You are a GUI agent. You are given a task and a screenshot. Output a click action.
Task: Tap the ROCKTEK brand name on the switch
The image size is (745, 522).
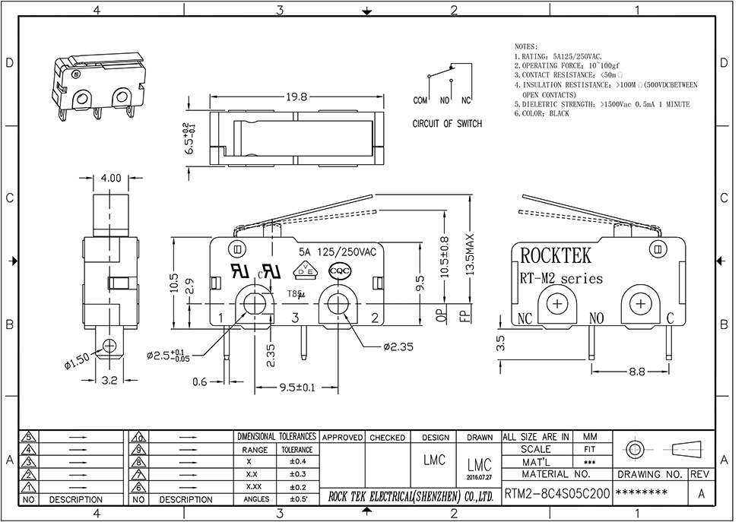(x=556, y=255)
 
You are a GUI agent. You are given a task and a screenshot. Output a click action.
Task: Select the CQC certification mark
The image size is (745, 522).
(x=338, y=270)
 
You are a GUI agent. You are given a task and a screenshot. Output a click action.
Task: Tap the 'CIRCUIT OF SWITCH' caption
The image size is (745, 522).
(x=447, y=124)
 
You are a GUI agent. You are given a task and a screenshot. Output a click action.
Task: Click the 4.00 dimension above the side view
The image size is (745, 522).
(x=110, y=178)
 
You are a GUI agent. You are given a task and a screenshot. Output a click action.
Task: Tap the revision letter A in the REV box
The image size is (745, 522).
(x=700, y=492)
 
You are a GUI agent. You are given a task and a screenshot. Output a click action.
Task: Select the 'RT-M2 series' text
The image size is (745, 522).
(x=561, y=279)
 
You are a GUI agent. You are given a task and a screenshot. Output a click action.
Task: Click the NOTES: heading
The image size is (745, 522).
(x=526, y=46)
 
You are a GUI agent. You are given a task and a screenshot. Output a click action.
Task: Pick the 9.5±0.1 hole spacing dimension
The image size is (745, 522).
(x=294, y=388)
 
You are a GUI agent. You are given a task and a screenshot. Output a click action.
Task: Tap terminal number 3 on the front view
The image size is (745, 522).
(x=295, y=318)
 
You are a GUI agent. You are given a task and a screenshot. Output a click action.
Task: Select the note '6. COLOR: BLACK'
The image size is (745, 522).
(x=541, y=113)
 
